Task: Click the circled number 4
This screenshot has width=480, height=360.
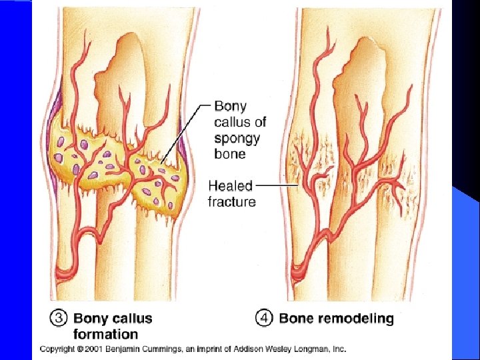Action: [265, 319]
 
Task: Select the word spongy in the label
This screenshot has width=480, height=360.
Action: [237, 139]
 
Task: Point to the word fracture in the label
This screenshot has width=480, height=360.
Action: [231, 201]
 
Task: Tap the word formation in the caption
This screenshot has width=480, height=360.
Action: [105, 335]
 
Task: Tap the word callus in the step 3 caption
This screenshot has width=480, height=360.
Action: [133, 319]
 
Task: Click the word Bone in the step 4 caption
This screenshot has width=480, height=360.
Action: [296, 319]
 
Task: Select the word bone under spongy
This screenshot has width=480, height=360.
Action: [230, 154]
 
